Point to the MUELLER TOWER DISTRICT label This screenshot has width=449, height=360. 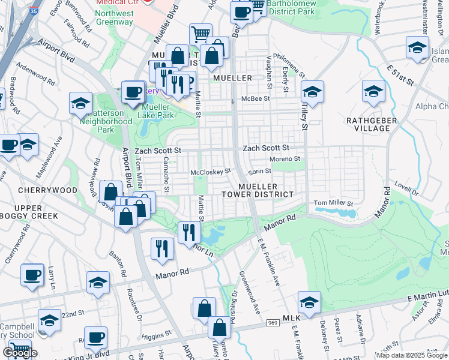[257, 190]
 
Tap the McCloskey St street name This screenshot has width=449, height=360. [211, 172]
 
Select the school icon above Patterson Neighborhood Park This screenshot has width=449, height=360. [80, 102]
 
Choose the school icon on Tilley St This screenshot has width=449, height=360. [312, 91]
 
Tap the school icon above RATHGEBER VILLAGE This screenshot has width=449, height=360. [373, 91]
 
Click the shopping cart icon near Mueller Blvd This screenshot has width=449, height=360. [200, 34]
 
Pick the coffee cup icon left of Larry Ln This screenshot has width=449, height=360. [32, 274]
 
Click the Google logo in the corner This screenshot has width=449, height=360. [20, 353]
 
